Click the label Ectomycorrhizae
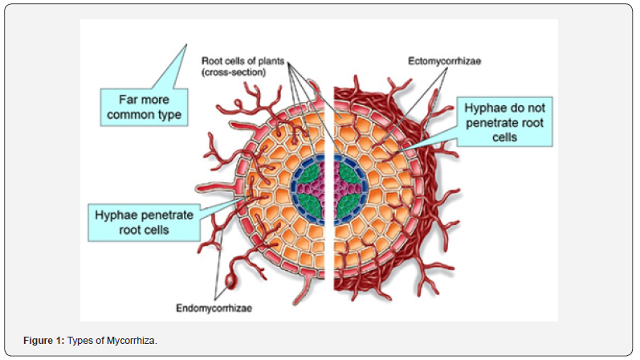click(445, 61)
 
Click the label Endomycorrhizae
click(214, 308)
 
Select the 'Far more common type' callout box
click(144, 107)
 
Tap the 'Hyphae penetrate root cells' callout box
click(144, 223)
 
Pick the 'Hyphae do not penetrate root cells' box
click(504, 122)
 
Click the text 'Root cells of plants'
click(243, 61)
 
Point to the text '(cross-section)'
click(234, 72)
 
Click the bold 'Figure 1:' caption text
click(43, 341)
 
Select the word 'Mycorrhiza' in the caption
click(131, 341)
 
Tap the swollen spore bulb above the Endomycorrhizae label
click(231, 282)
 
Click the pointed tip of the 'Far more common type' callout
click(186, 44)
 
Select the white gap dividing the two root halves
click(329, 188)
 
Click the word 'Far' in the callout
click(127, 100)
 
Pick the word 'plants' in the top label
click(271, 61)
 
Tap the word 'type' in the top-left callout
click(169, 116)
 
